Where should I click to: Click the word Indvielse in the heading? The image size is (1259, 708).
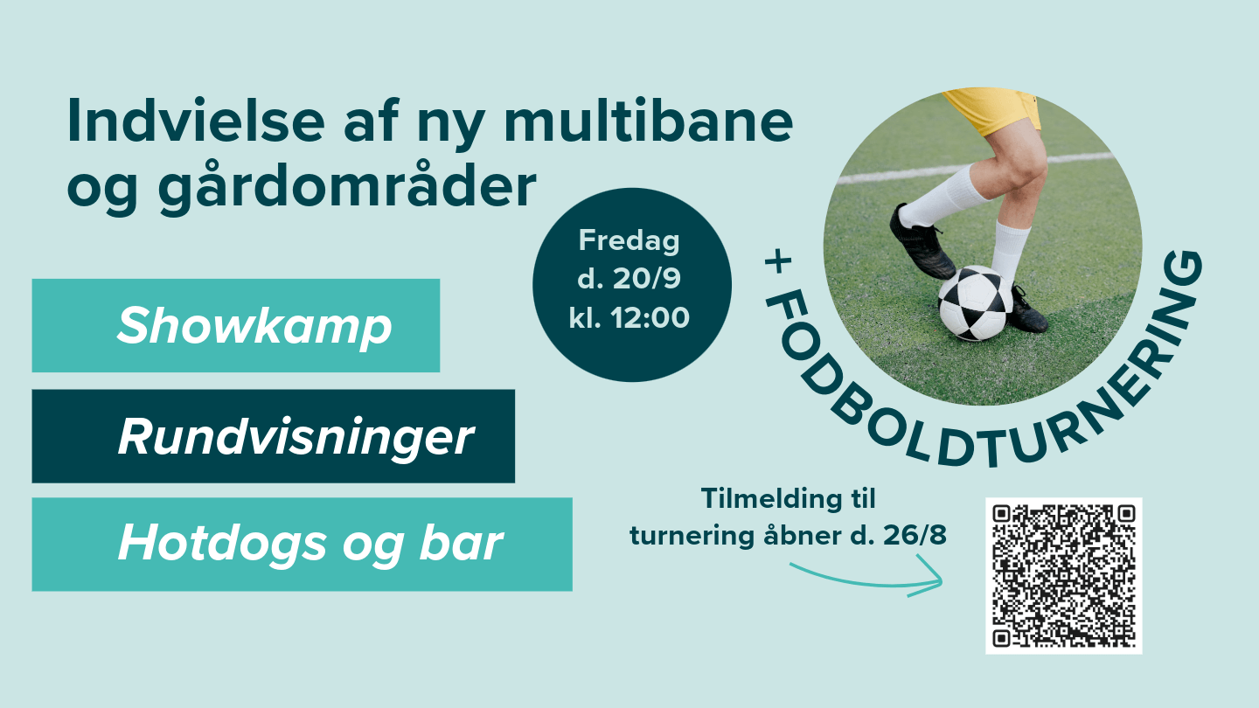point(196,121)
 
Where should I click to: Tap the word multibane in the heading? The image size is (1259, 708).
point(648,121)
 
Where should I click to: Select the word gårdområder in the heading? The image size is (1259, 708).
point(347,186)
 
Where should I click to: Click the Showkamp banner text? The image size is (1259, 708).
point(254,327)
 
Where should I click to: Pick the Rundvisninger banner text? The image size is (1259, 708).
point(296,438)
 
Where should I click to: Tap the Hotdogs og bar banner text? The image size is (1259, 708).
point(310,544)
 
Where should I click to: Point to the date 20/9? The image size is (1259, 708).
point(646,278)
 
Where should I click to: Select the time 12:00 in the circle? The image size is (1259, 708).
point(650,318)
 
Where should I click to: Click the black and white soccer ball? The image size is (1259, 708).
point(976,303)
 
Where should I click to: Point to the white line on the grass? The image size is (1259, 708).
point(975,168)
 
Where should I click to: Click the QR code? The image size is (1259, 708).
point(1063,575)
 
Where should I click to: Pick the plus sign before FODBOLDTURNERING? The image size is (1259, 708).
point(778,262)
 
